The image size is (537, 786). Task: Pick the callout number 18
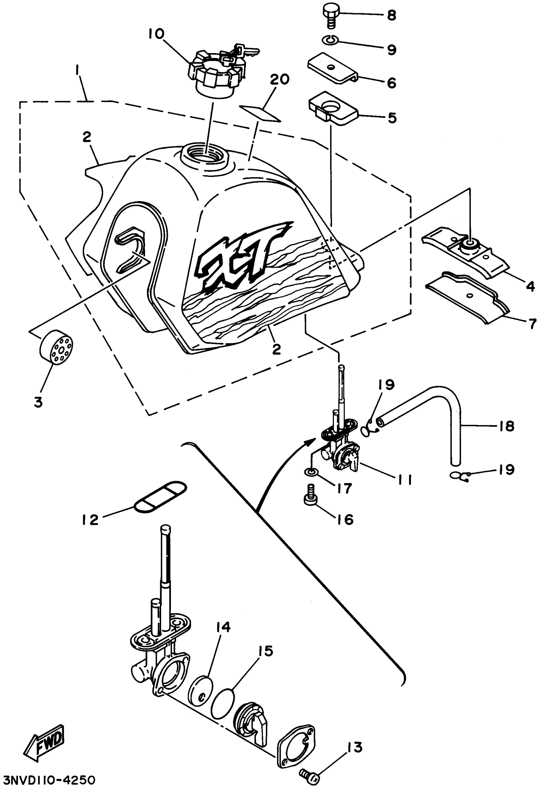[x=507, y=426]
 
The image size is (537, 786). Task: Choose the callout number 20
[x=280, y=80]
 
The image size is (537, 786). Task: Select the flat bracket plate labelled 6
[x=332, y=68]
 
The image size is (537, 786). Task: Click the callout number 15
[x=266, y=651]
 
